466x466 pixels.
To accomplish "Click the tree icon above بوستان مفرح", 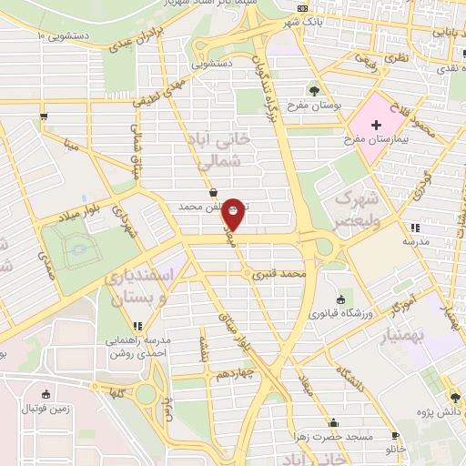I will pos(315,89).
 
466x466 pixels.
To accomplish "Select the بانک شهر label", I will pos(304,21).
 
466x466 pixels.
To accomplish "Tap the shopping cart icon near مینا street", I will pos(44,116).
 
